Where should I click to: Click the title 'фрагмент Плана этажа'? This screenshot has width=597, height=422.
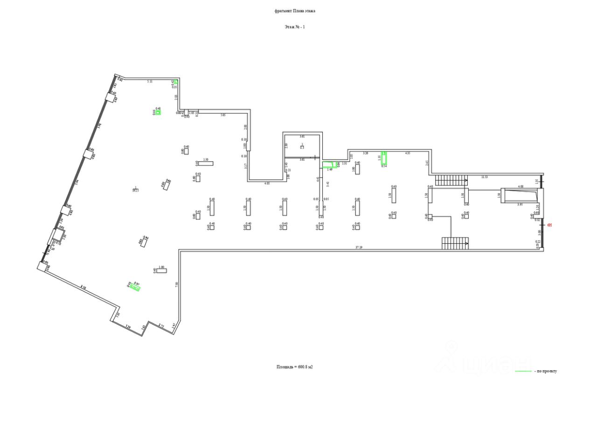point(295,11)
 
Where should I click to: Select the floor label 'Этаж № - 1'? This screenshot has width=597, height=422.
point(295,27)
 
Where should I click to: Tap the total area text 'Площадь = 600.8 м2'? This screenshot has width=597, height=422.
point(294,367)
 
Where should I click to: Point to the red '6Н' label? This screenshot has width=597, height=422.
point(549,225)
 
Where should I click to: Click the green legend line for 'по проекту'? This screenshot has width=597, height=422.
point(523,371)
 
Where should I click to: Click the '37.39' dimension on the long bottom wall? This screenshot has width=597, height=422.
point(359,247)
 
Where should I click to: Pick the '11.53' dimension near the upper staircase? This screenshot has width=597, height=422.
point(485,176)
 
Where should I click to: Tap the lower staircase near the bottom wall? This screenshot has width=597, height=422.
point(455,243)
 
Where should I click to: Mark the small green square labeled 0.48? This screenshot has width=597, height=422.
point(158,112)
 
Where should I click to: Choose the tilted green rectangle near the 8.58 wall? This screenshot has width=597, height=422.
point(135,288)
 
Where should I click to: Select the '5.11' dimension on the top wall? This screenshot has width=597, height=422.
point(150,81)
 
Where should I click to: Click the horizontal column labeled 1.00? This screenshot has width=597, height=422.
point(161,271)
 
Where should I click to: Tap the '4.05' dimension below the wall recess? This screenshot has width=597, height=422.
point(267,183)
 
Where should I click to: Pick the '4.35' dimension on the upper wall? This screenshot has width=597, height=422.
point(407,153)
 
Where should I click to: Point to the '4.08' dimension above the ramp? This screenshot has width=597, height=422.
point(521,187)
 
